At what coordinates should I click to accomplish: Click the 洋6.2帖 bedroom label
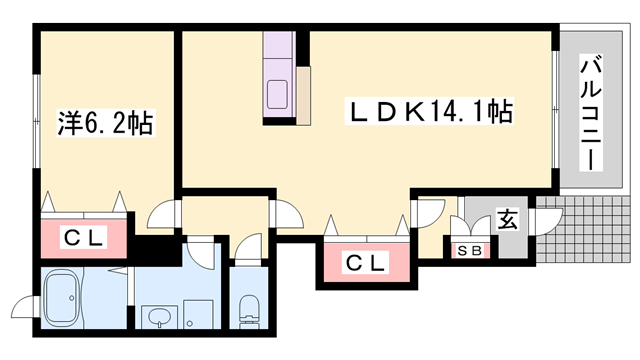point(104,123)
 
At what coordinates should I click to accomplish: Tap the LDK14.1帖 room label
point(429,111)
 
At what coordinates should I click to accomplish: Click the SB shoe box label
point(467,249)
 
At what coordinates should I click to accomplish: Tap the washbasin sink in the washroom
point(159,320)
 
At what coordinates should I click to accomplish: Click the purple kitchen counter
point(277,75)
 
